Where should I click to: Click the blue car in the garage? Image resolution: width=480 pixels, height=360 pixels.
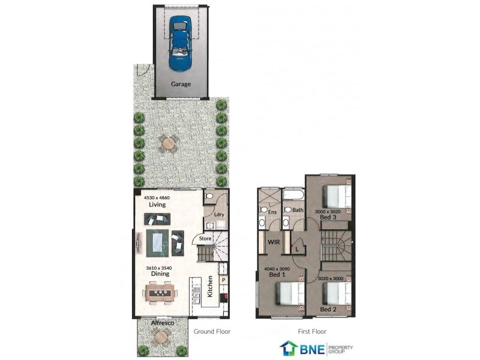(x=180, y=42)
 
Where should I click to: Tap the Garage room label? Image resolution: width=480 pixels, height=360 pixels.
(x=181, y=84)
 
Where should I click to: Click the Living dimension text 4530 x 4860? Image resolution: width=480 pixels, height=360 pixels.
(x=157, y=197)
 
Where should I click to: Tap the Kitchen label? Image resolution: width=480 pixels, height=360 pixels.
(x=210, y=287)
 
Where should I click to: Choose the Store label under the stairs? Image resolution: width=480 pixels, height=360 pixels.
(x=205, y=239)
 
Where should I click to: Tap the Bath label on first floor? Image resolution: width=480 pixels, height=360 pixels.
(x=298, y=210)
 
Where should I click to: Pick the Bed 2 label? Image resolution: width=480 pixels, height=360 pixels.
(x=328, y=309)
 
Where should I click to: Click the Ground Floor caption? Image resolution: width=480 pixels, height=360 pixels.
(x=212, y=331)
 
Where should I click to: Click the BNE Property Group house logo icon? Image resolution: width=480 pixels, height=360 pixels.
(x=288, y=348)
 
